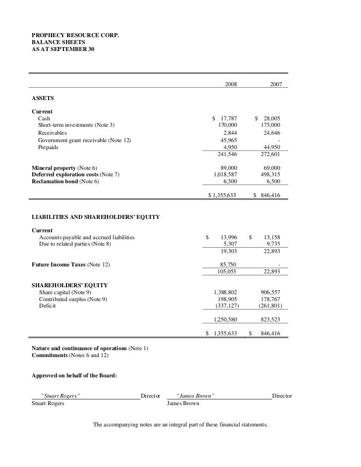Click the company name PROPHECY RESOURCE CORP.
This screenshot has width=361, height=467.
tap(75, 36)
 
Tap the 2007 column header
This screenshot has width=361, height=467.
tap(276, 85)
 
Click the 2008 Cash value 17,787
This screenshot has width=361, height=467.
tap(229, 119)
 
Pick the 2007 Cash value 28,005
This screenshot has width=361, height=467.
tap(272, 119)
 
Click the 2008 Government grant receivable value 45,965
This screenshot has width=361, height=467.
tap(229, 140)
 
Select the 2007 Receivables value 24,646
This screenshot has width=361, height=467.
tap(272, 133)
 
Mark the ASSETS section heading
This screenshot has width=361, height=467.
tap(43, 99)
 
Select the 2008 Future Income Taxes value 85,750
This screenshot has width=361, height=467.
tap(229, 264)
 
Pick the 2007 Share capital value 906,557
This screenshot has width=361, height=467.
tap(270, 292)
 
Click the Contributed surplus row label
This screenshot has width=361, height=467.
tap(73, 299)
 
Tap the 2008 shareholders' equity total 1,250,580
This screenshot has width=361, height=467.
tap(225, 319)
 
